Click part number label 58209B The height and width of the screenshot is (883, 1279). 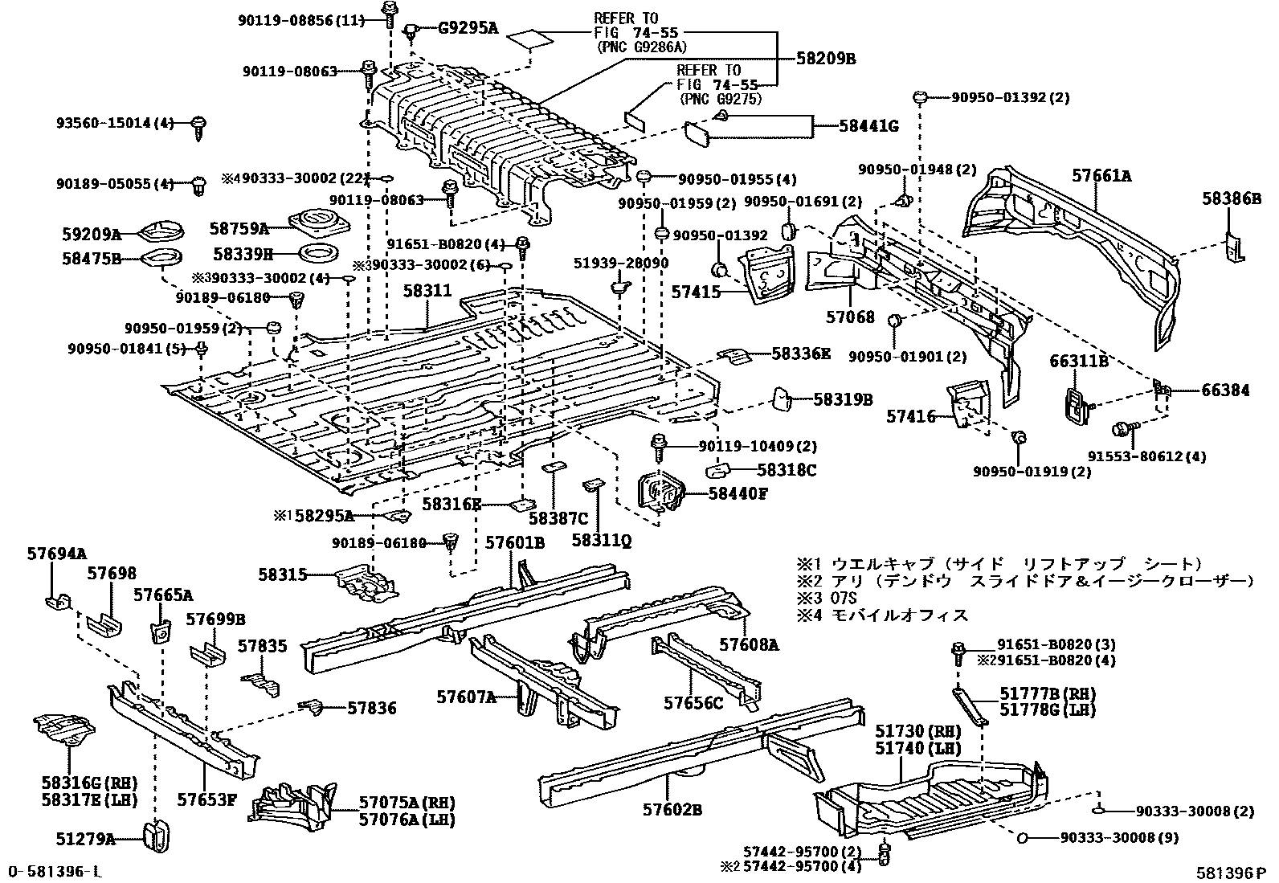[826, 59]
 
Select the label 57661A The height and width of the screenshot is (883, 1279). [1102, 175]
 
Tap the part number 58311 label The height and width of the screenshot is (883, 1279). [427, 291]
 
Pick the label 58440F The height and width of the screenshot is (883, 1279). [738, 493]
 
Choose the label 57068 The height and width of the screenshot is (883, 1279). [850, 317]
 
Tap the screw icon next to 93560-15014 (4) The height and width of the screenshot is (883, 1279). [198, 127]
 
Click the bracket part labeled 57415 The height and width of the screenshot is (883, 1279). [766, 277]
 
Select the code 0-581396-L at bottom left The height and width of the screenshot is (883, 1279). [55, 872]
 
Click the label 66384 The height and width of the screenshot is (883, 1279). [1225, 391]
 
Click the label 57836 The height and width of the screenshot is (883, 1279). [372, 708]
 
